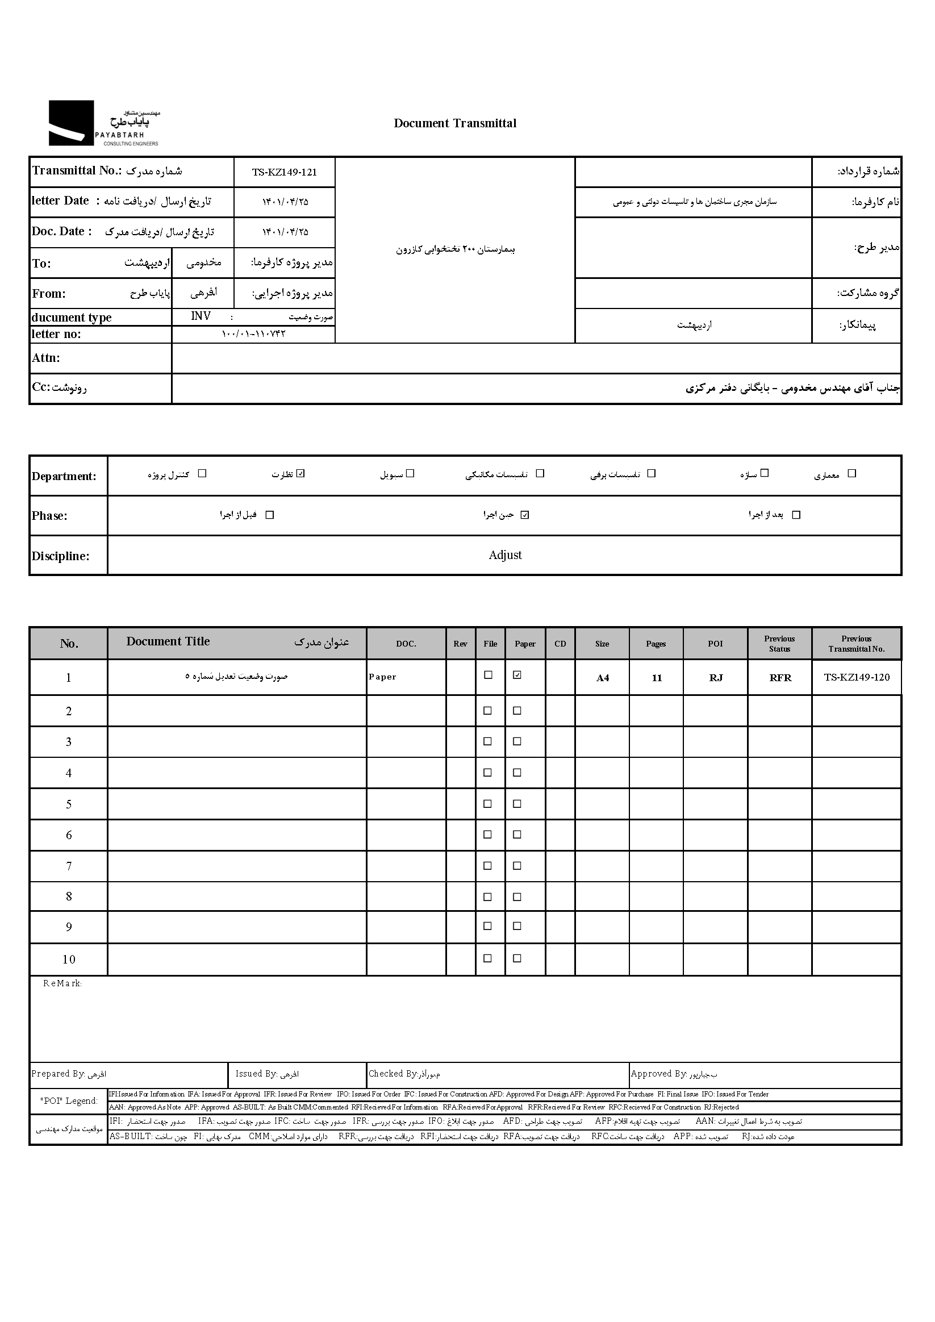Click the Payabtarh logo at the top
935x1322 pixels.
tap(103, 123)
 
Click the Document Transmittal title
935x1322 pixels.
tap(455, 123)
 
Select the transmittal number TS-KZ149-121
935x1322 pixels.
tap(285, 172)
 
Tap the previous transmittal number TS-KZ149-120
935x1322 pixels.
tap(856, 677)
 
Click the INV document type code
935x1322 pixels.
tap(201, 316)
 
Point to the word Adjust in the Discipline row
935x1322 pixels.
tap(505, 555)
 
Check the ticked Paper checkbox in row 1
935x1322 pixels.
tap(517, 675)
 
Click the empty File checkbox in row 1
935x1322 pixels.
tap(488, 675)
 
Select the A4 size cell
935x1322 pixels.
tap(602, 678)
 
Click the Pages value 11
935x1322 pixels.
tap(656, 678)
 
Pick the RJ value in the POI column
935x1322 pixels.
tap(716, 678)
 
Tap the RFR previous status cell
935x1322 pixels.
tap(780, 678)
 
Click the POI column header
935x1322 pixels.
tap(715, 644)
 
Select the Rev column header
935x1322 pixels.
tap(460, 644)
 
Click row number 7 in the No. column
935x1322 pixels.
tap(69, 866)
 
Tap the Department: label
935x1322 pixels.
tap(64, 476)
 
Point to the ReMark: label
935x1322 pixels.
tap(62, 983)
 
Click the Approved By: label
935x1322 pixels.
tap(658, 1074)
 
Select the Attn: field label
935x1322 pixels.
tap(46, 358)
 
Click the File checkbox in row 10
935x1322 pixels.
tap(487, 958)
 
